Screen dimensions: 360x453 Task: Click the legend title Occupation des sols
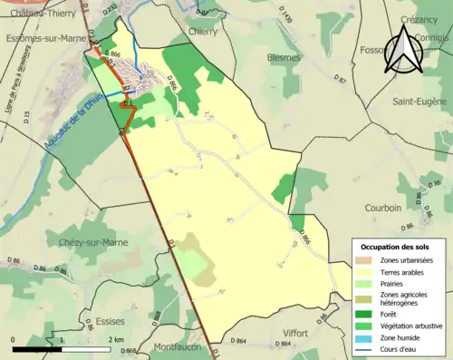click(395, 247)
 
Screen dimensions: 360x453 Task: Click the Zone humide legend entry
click(404, 337)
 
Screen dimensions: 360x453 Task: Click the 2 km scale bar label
click(114, 339)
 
